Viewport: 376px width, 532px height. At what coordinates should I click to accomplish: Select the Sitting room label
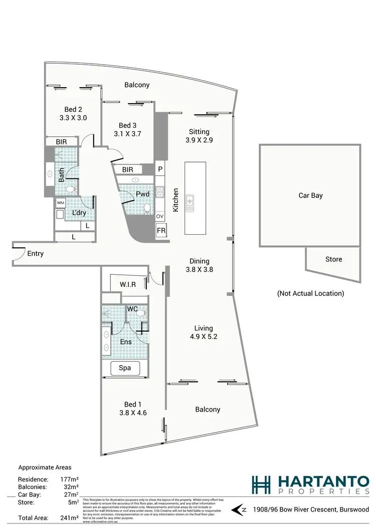199,132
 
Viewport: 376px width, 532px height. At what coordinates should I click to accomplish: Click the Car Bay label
310,196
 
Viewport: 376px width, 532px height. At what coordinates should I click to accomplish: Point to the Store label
333,259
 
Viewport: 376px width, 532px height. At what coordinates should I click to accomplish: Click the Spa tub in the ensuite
125,368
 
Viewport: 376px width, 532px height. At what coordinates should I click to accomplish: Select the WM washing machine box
61,203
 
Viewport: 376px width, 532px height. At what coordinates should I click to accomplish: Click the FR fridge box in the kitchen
161,231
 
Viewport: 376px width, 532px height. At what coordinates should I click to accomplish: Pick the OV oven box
160,216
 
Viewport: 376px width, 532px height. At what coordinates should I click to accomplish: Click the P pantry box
160,169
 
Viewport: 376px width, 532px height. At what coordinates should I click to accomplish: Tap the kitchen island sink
191,203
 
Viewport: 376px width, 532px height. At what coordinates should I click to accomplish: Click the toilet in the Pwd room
147,207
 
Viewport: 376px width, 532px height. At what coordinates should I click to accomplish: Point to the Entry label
35,254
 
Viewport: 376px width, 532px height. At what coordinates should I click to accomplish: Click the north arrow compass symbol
239,510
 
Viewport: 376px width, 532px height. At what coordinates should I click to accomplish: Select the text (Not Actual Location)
310,293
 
